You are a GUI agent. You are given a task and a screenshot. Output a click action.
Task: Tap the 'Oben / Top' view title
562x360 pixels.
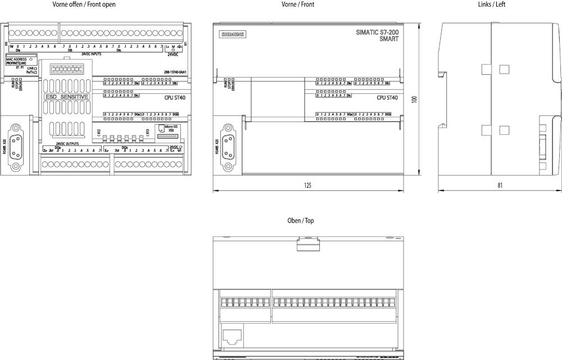(x=301, y=221)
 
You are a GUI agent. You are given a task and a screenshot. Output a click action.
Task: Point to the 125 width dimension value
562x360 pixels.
(x=307, y=185)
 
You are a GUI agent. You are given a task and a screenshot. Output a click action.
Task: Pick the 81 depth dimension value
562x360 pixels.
(x=500, y=185)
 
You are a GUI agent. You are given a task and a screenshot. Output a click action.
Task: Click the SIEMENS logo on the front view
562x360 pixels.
(x=232, y=35)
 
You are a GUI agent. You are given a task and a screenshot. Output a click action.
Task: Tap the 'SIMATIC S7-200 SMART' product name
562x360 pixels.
(x=378, y=35)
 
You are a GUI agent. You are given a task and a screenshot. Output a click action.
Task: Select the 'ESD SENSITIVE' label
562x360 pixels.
(x=66, y=97)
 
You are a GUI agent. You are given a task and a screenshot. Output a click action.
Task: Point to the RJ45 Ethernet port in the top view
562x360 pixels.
(x=231, y=336)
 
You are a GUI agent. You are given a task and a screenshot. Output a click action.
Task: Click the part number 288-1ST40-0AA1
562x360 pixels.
(x=175, y=72)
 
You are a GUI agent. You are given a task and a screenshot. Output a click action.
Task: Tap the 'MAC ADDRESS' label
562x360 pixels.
(x=17, y=59)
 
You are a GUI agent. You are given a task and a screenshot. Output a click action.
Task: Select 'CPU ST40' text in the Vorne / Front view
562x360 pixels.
(x=387, y=98)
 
